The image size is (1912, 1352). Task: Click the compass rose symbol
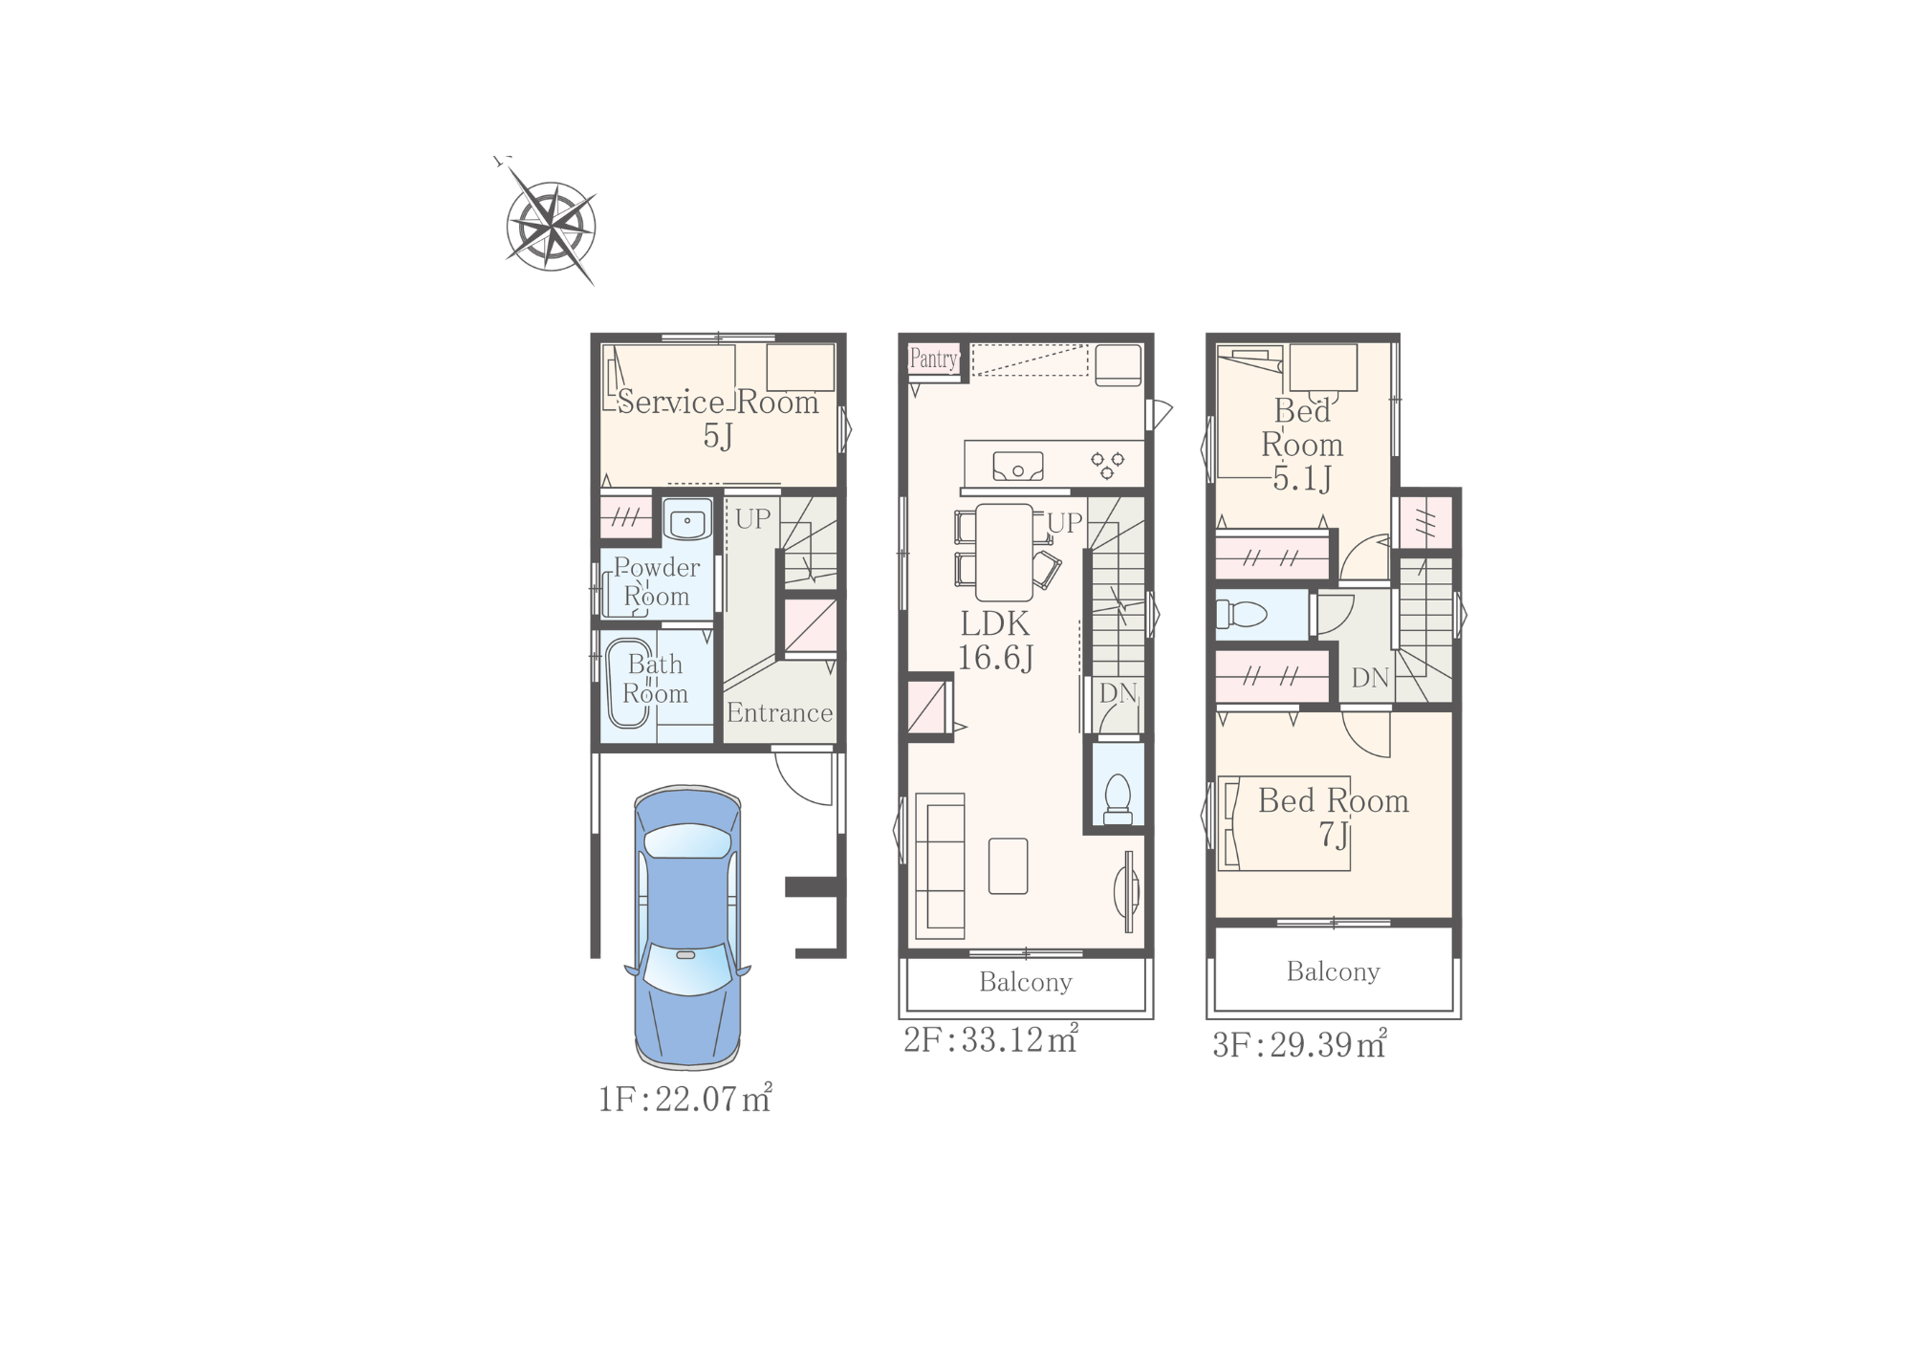pos(550,226)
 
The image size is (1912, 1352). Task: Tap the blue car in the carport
pos(687,927)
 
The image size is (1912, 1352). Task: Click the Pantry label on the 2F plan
pos(933,359)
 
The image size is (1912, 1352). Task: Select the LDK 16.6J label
pos(995,641)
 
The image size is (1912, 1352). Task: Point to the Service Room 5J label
pos(718,418)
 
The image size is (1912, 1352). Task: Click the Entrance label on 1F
pos(779,712)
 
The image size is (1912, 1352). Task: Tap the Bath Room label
pos(655,679)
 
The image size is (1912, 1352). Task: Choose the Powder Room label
pos(657,581)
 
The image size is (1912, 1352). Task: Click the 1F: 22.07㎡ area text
pos(684,1099)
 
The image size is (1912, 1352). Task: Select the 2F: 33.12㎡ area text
pos(990,1039)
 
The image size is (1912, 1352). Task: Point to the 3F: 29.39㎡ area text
pos(1299,1044)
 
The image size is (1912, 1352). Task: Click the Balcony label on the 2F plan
pos(1026,983)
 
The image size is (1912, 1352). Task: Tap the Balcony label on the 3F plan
pos(1334,972)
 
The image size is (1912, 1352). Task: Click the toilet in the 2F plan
pos(1118,798)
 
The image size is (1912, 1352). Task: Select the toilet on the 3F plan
pos(1241,613)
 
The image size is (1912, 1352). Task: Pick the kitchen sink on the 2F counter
pos(1018,467)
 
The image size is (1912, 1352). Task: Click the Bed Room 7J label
pos(1334,817)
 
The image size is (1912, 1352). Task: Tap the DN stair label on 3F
pos(1370,678)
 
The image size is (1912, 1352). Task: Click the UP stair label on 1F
pos(752,519)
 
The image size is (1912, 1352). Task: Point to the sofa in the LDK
pos(940,866)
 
